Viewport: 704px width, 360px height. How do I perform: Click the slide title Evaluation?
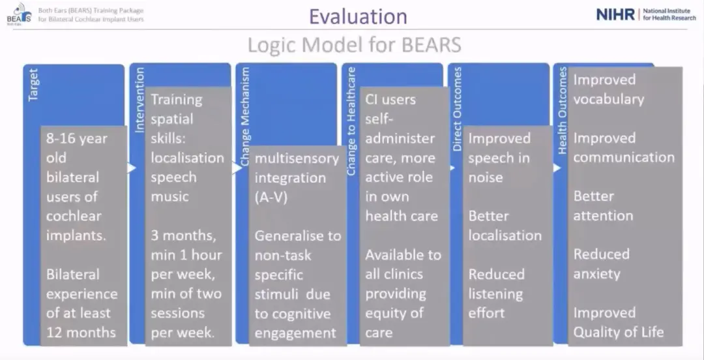[x=358, y=17]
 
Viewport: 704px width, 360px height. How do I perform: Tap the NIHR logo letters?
[x=615, y=14]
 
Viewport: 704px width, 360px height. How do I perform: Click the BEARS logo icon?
[x=20, y=14]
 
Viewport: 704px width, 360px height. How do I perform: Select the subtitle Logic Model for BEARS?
[x=354, y=45]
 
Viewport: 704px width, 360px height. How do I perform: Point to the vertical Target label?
[x=33, y=85]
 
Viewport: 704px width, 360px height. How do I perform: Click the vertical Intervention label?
[x=139, y=100]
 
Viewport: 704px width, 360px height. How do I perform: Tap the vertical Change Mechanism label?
[x=245, y=117]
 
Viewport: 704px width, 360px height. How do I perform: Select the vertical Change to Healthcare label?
[x=351, y=121]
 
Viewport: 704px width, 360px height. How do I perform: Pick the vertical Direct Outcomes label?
[x=458, y=109]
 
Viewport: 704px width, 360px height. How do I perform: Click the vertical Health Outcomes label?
[x=563, y=111]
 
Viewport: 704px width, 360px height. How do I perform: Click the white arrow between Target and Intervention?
[x=132, y=168]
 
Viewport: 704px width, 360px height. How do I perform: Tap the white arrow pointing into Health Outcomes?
[x=557, y=168]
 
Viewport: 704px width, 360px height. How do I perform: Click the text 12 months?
[x=81, y=333]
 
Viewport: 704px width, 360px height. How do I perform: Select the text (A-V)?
[x=271, y=198]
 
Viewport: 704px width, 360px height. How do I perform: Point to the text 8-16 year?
[x=77, y=138]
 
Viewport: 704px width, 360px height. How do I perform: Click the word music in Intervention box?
[x=169, y=196]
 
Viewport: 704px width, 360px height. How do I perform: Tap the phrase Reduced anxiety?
[x=602, y=264]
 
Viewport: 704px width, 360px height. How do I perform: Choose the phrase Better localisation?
[x=505, y=226]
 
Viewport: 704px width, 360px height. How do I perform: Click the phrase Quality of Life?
[x=618, y=333]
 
